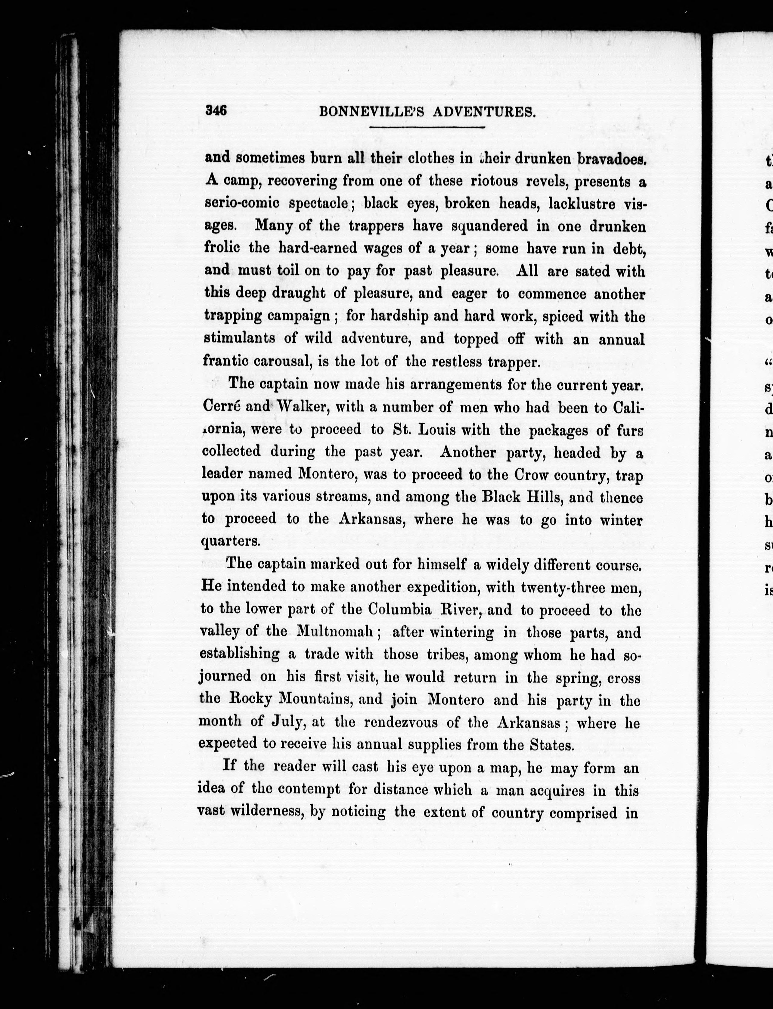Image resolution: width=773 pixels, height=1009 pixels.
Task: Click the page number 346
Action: (216, 110)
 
